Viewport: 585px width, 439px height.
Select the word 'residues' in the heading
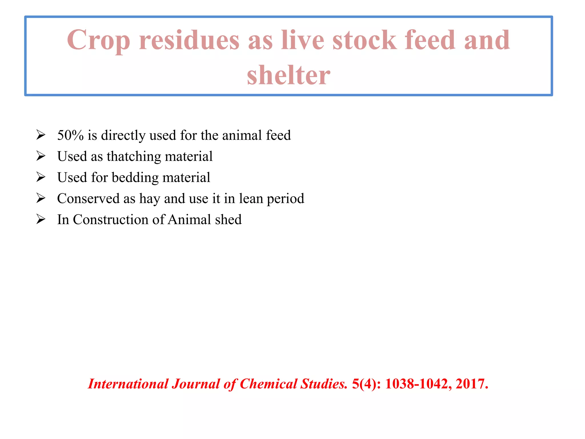(x=189, y=40)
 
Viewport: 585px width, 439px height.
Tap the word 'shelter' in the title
(x=289, y=75)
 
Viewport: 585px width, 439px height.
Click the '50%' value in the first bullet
(x=70, y=135)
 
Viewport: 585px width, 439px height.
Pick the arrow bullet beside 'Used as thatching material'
(x=41, y=156)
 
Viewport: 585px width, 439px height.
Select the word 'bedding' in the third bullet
(x=135, y=178)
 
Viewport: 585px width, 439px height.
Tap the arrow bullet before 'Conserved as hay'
(x=41, y=198)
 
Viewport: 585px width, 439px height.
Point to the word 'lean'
(x=251, y=198)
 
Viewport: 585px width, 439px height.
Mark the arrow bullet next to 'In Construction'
(x=41, y=219)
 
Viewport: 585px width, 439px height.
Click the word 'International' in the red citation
(x=128, y=384)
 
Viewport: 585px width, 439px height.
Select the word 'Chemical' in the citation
(x=269, y=384)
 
